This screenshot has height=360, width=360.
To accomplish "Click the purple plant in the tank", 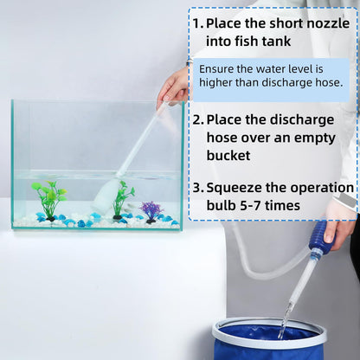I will coord(151,210).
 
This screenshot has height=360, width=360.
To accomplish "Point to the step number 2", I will coord(197,120).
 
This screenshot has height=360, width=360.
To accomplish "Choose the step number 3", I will coord(197,187).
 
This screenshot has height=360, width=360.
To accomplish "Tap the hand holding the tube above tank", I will coord(175,86).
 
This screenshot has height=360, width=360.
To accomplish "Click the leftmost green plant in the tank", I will coord(49,197).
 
